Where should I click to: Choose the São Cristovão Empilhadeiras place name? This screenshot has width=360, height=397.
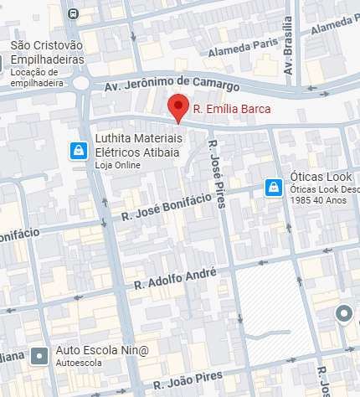(x=48, y=54)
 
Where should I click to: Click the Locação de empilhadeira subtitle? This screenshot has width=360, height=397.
(x=48, y=73)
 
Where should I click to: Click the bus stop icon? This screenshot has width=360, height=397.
(x=74, y=13)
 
